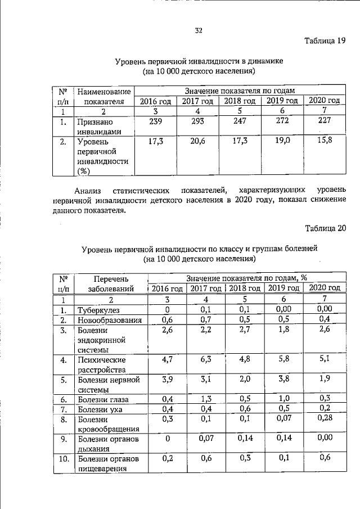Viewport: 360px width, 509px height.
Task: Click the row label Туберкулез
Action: tap(98, 310)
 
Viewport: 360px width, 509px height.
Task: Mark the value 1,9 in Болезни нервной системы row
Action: tap(324, 379)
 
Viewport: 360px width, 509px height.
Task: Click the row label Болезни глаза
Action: tap(103, 400)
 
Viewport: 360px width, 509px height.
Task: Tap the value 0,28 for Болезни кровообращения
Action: tap(324, 419)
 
